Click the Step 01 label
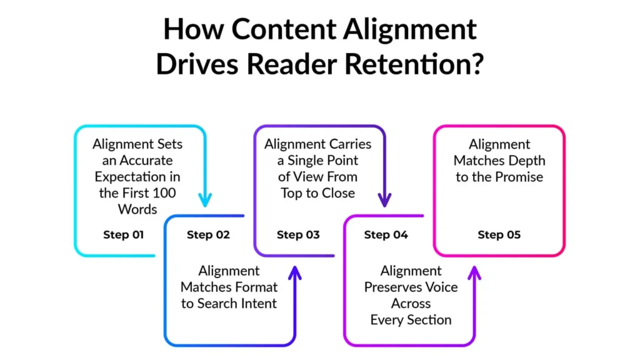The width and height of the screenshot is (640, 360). pos(123,235)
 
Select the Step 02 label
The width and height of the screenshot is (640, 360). pos(208,235)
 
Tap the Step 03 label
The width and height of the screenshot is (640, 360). pos(298,235)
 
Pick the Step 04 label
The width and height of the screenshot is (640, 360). pos(386,235)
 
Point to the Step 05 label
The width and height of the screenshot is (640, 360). pos(499,235)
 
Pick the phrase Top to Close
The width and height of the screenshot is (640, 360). pos(317,193)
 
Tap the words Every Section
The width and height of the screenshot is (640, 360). pos(411,320)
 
